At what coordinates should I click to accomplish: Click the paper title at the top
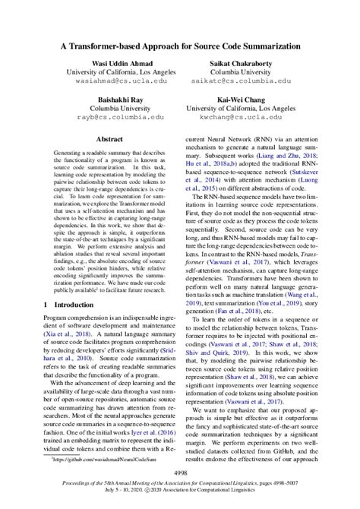pyautogui.click(x=180, y=45)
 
